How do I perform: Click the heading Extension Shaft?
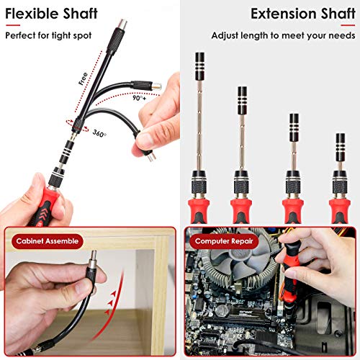coord(302,13)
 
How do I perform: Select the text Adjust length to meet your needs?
coord(282,35)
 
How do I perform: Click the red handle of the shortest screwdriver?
coord(339,209)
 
